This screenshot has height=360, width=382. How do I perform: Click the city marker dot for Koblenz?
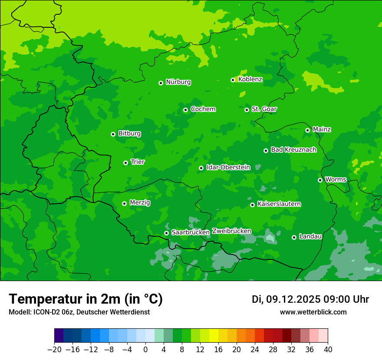pos(233,80)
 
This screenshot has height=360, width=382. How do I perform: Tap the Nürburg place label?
pos(178,82)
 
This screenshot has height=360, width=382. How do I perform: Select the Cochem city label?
pos(203,109)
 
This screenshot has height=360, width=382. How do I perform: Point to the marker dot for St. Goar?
pos(247,110)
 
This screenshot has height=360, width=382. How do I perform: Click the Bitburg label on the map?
pos(129,134)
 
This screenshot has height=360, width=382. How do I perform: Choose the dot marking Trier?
pos(126,163)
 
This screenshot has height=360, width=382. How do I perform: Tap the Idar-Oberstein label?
pos(228,167)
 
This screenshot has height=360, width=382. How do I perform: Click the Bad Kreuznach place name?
pos(293,150)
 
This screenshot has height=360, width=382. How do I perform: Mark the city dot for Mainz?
pos(308,130)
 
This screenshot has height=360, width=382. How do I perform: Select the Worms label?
pos(336,179)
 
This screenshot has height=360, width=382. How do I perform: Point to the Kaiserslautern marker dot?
pos(253,205)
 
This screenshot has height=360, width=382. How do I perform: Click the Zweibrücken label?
pos(231,231)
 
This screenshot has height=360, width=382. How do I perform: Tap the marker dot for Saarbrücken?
pos(167,233)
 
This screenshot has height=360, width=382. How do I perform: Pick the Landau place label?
pos(310,236)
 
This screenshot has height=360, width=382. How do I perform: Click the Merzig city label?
pos(140,203)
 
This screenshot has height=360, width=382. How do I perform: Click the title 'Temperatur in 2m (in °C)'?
pos(86,299)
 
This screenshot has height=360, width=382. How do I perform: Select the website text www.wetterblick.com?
pos(313,312)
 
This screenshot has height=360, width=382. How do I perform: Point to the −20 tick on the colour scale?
pos(54,350)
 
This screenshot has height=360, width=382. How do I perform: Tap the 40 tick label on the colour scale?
pos(328,350)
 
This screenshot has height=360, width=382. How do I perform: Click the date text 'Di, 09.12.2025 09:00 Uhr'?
pos(310,299)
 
